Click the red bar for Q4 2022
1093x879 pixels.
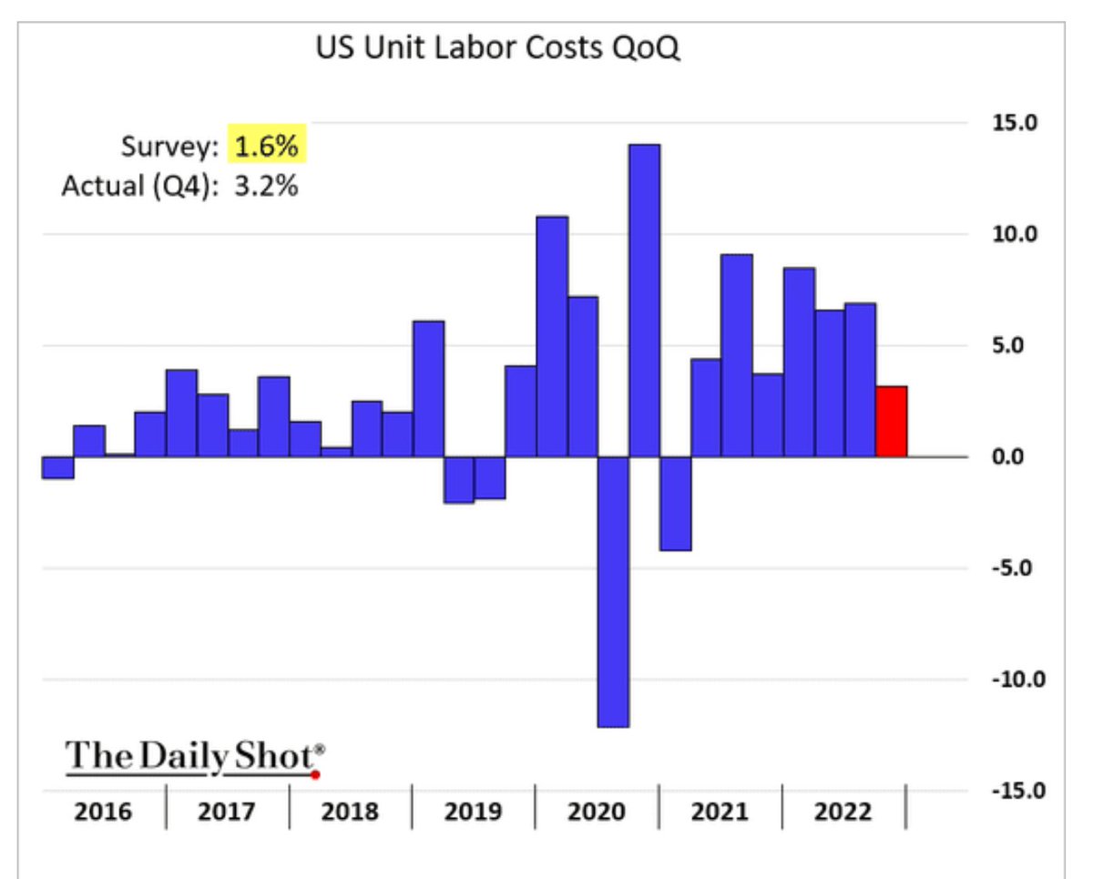[x=891, y=422]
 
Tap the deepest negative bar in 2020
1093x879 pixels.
[x=614, y=592]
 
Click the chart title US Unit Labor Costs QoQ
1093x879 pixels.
[x=497, y=48]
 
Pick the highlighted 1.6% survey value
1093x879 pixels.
[x=267, y=146]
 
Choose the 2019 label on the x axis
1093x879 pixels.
[x=473, y=811]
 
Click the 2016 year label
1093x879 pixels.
[x=105, y=811]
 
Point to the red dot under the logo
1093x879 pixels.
[x=315, y=775]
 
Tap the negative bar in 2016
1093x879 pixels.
[x=58, y=467]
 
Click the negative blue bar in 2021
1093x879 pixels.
[x=676, y=504]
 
